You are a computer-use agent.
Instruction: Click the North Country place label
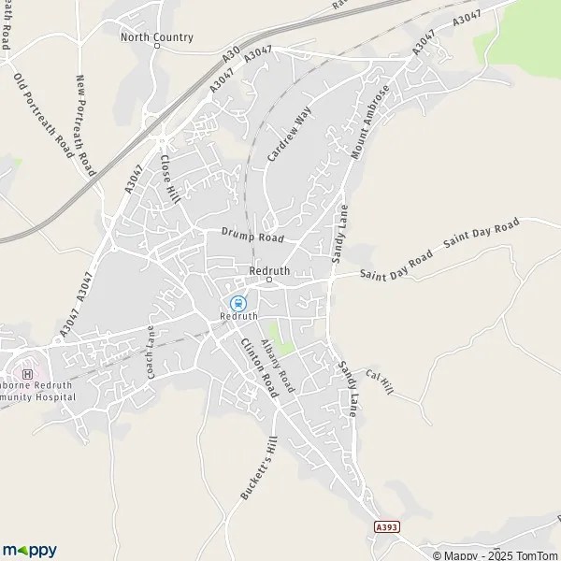156,37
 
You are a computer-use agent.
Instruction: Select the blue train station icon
237,303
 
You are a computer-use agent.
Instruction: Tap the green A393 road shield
385,527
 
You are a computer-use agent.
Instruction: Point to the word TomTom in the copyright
534,555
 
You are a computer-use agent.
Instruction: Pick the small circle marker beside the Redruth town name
268,279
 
